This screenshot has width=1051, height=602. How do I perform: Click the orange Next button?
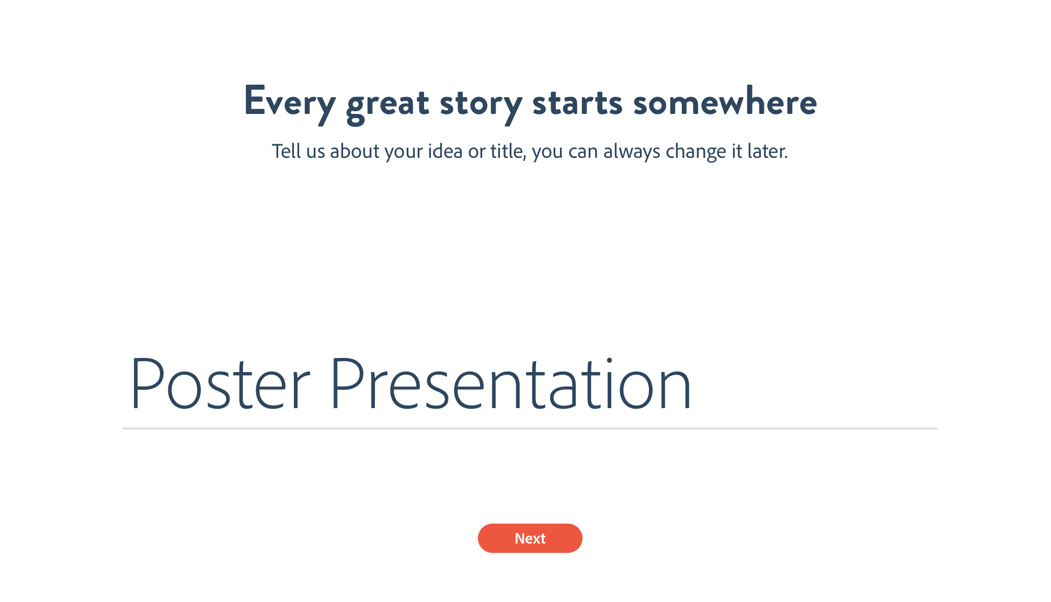click(530, 538)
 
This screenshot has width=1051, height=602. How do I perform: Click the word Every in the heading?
click(290, 104)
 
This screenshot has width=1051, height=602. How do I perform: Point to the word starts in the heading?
click(577, 102)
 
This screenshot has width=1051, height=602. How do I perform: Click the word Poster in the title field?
click(220, 384)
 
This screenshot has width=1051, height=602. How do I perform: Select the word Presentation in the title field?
click(511, 384)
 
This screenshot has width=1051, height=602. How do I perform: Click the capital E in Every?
click(255, 100)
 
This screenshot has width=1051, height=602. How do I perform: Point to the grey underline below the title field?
click(530, 429)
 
